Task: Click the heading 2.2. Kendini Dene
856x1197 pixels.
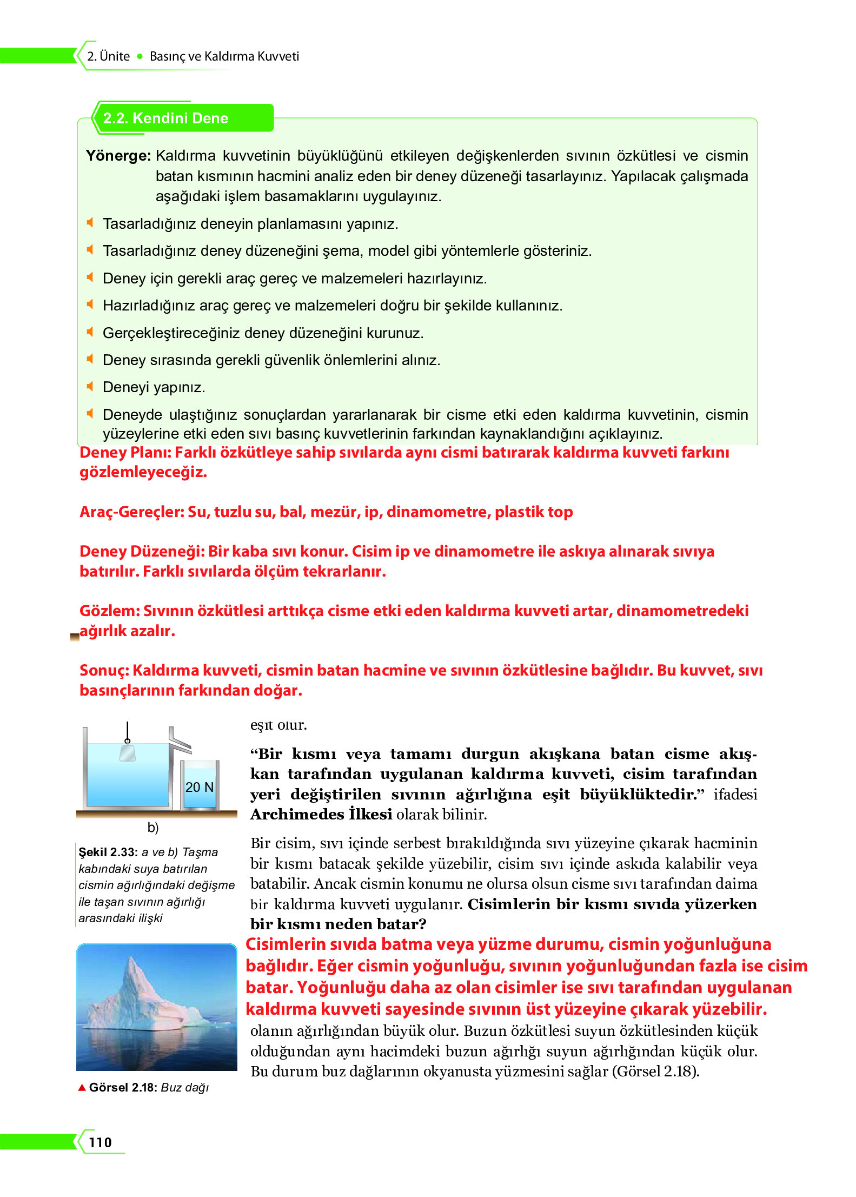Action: (165, 118)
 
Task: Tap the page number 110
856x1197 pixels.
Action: (101, 1142)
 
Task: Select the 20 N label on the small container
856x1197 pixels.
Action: (200, 787)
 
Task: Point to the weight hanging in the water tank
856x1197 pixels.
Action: (128, 753)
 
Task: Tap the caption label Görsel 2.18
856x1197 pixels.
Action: (123, 1088)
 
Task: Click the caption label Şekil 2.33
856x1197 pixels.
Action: (108, 852)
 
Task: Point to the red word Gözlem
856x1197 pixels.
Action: (110, 611)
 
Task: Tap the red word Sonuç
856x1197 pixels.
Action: (103, 671)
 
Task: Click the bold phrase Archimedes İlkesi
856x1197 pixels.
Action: (321, 815)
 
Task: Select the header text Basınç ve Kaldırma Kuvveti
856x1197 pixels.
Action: (224, 56)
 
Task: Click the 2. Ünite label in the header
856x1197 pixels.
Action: (109, 56)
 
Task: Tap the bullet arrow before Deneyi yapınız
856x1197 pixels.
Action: (90, 386)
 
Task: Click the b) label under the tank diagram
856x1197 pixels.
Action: (153, 827)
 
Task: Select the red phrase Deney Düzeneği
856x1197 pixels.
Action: (142, 552)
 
